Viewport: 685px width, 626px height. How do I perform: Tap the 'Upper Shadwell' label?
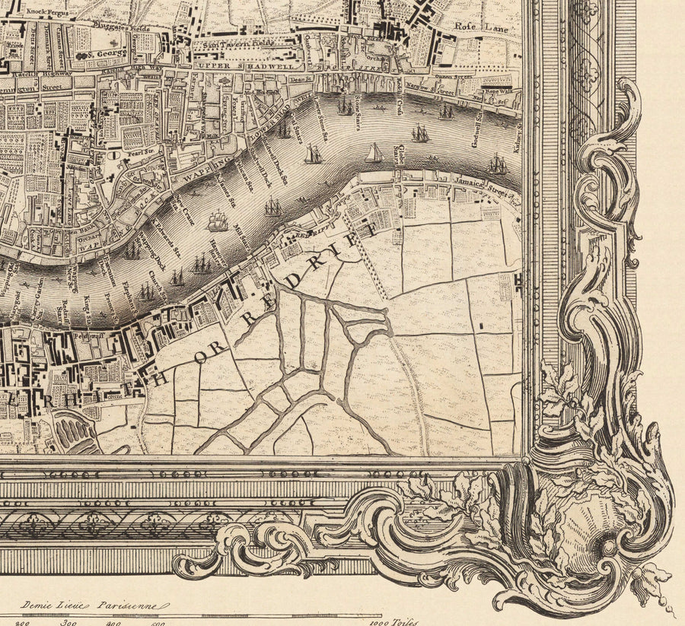point(233,67)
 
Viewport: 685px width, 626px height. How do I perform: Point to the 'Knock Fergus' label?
point(43,12)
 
